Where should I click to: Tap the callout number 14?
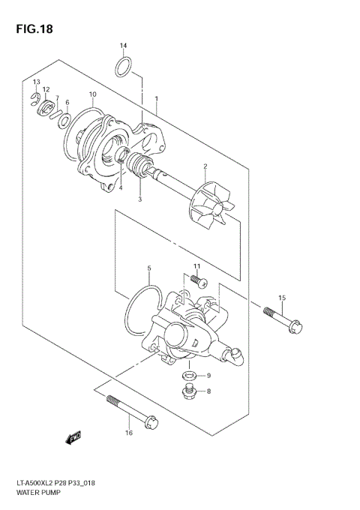tap(124, 46)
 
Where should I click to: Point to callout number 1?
tap(156, 98)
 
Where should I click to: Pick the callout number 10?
tap(92, 94)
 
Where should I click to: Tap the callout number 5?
tap(149, 268)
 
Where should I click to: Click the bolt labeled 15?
tap(283, 317)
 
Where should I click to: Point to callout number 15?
tap(282, 298)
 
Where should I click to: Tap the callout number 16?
tap(128, 433)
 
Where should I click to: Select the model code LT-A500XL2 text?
tap(37, 485)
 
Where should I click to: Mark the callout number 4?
tap(120, 187)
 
